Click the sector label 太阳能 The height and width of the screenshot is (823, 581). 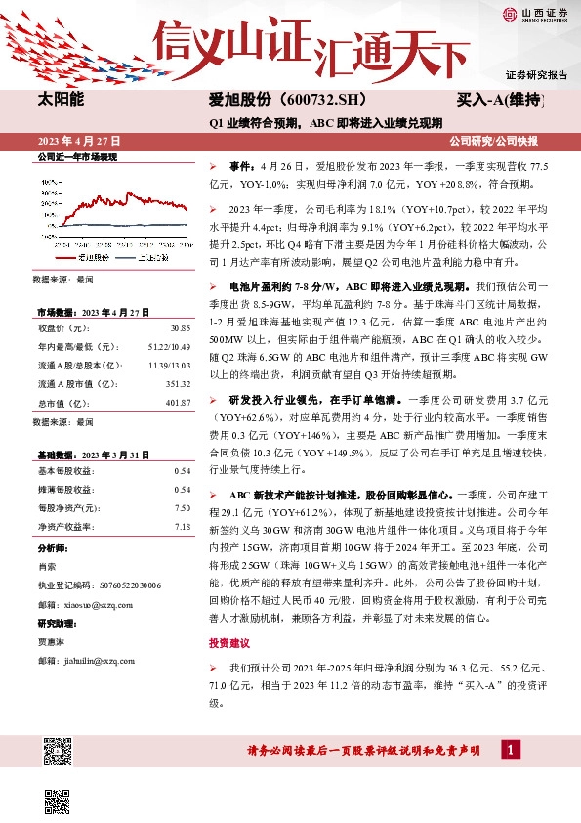[x=61, y=100]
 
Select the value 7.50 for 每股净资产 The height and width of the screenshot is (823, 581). [x=182, y=507]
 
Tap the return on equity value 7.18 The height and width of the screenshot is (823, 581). [x=182, y=526]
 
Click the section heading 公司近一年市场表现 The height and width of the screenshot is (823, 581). [x=76, y=156]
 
